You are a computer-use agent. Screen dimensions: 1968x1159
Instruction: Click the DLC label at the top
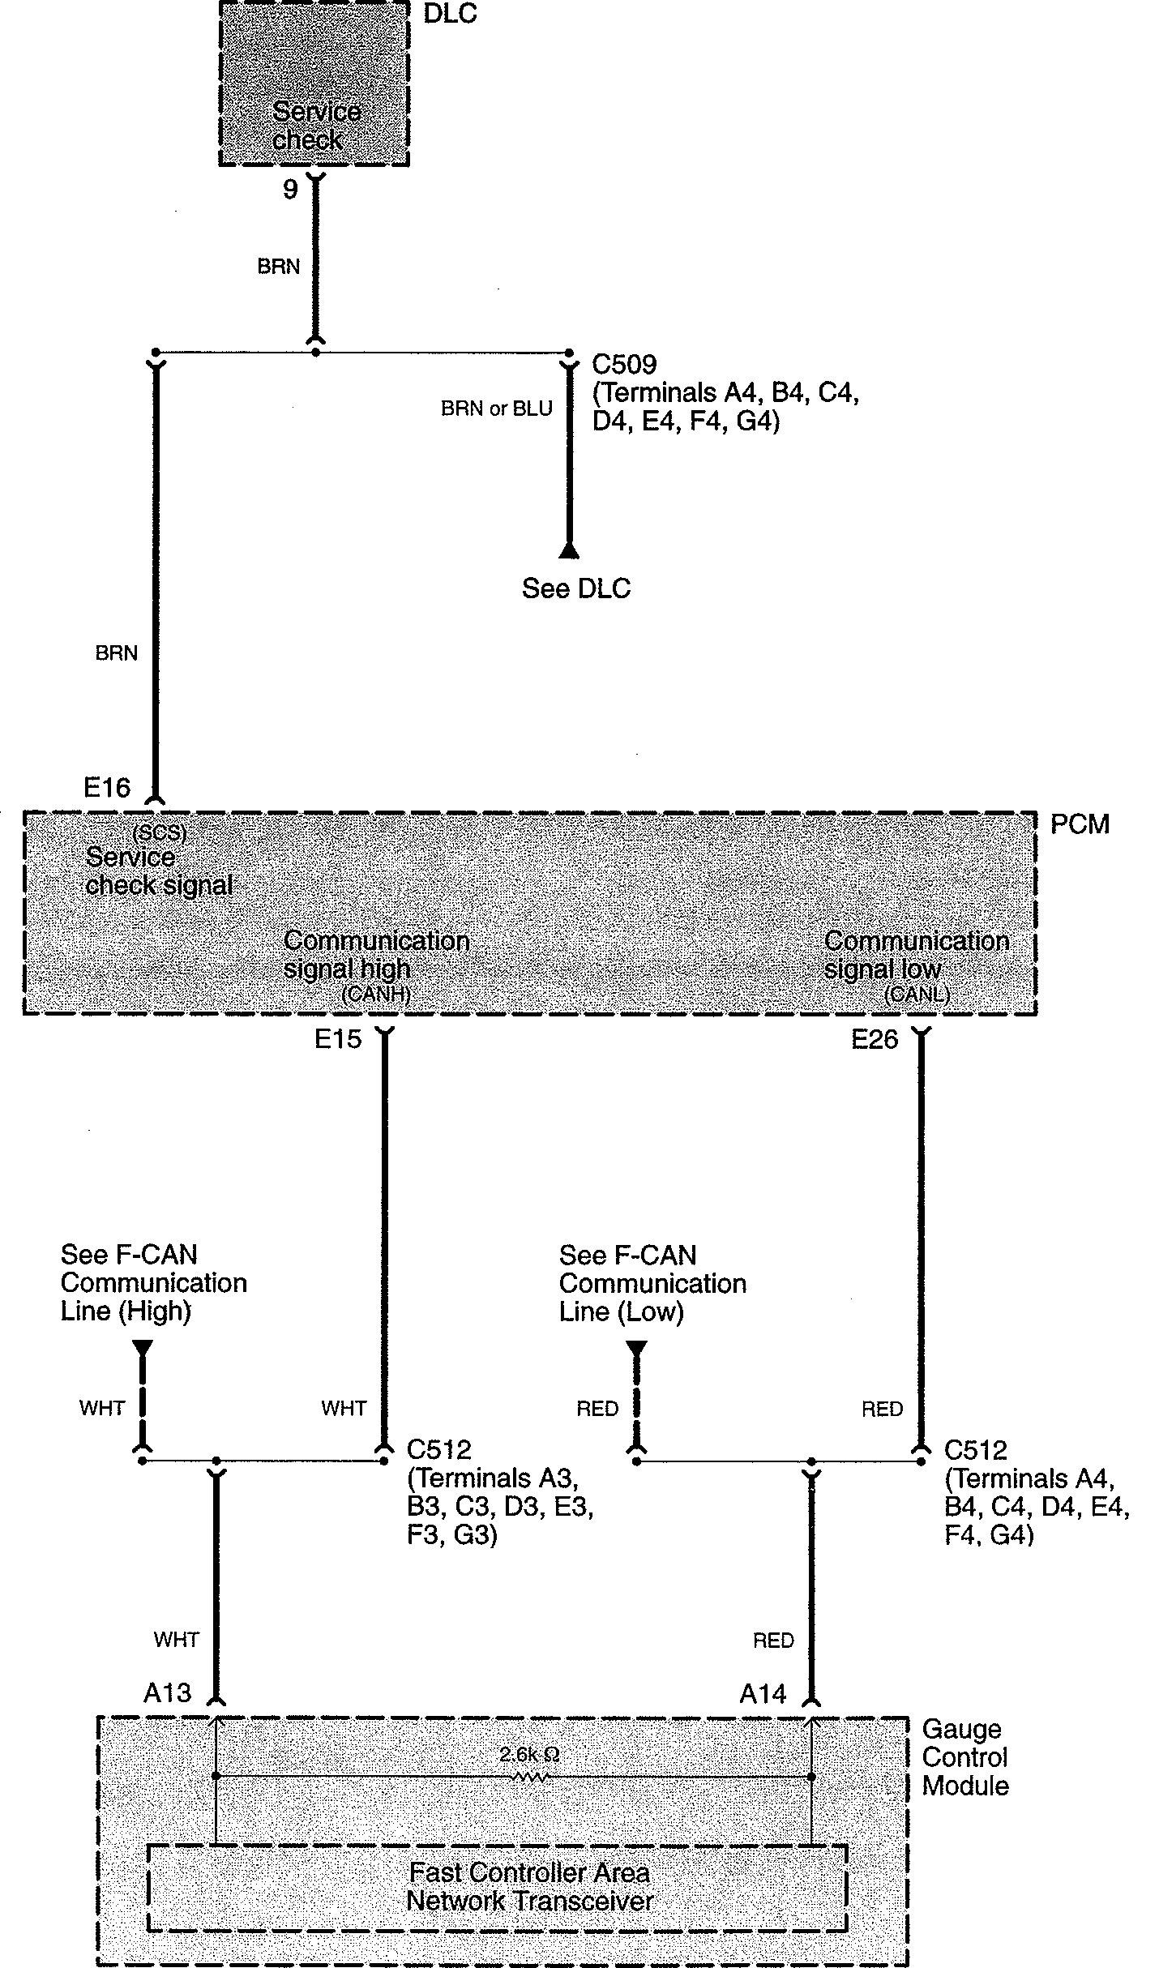tap(450, 14)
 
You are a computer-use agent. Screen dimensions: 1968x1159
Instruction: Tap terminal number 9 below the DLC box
tap(290, 190)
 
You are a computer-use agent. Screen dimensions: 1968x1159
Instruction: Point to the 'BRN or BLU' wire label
tap(496, 409)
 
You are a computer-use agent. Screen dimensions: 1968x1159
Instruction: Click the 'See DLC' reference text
tap(575, 588)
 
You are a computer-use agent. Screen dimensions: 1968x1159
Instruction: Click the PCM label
tap(1080, 824)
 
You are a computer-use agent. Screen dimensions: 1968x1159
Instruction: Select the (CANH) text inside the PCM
tap(375, 995)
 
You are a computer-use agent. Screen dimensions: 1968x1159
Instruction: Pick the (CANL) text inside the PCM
tap(917, 995)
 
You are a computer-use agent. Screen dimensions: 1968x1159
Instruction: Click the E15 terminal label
tap(338, 1039)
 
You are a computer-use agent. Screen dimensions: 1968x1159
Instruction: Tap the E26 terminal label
tap(875, 1039)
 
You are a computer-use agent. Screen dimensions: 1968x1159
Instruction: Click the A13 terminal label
tap(167, 1692)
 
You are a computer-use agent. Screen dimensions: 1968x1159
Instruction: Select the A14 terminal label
tap(763, 1693)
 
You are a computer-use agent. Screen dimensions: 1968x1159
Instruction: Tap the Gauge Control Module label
tap(964, 1756)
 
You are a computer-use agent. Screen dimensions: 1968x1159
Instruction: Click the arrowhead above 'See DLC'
tap(569, 551)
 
